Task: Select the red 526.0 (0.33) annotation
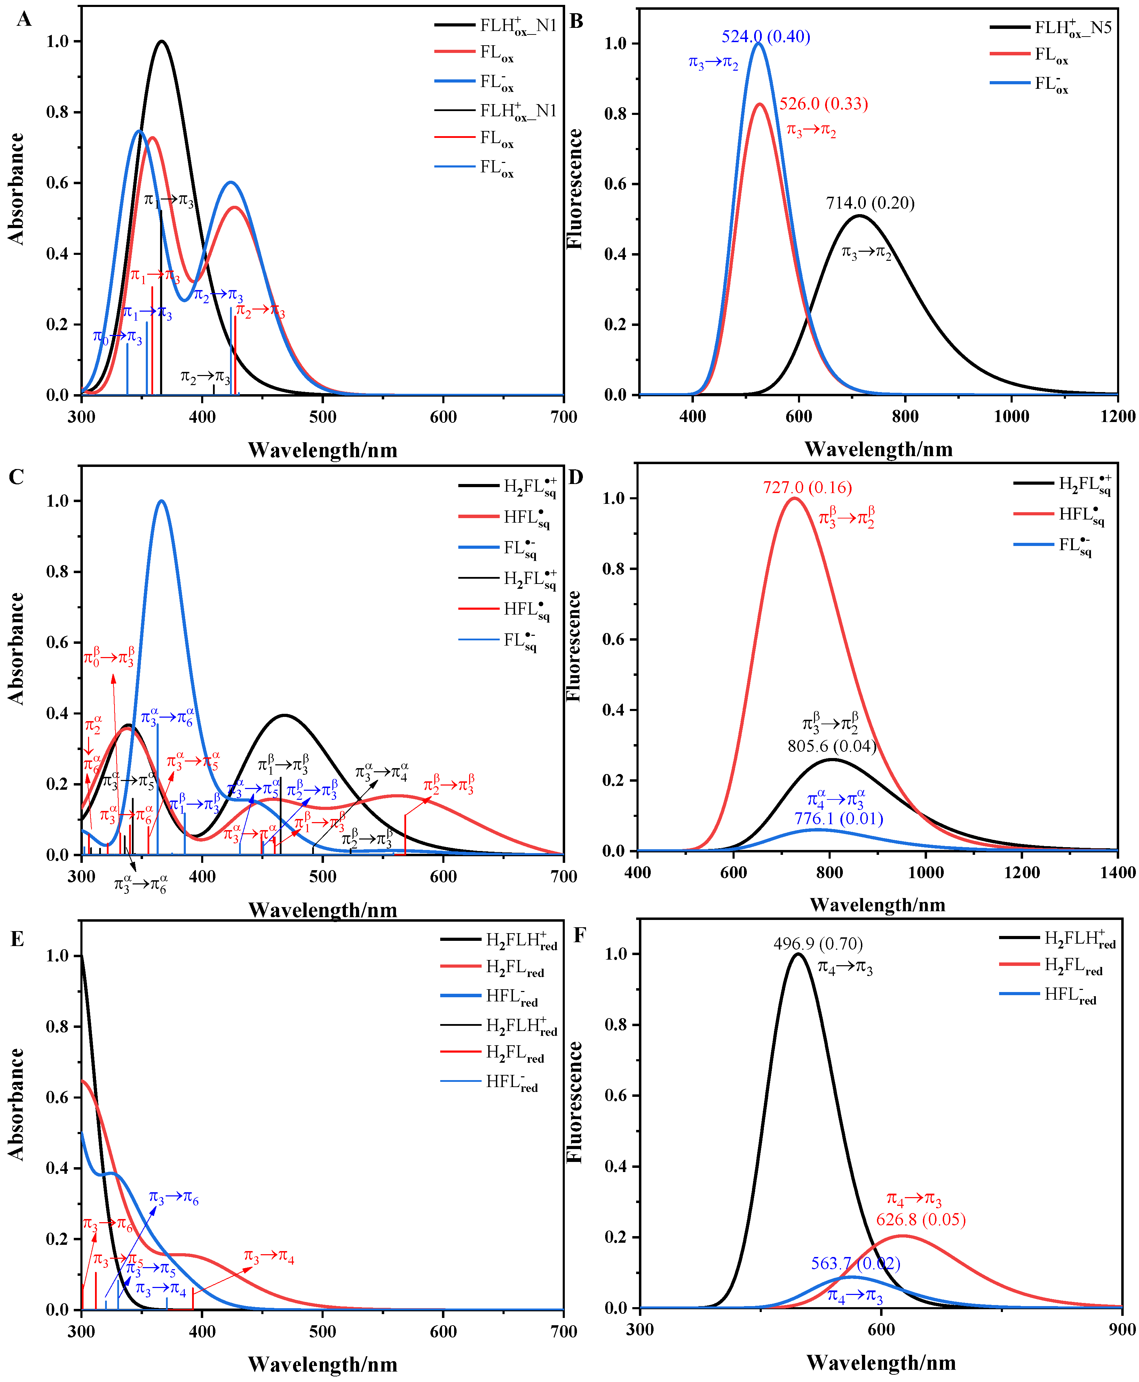[823, 104]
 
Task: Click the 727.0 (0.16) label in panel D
[807, 487]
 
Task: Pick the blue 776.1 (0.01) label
[839, 819]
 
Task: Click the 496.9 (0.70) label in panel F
[817, 944]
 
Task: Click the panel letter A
[24, 20]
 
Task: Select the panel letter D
[575, 477]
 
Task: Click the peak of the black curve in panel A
[161, 41]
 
